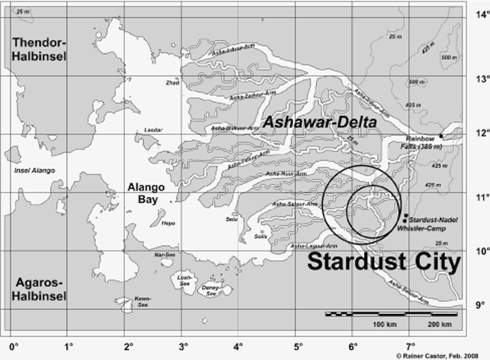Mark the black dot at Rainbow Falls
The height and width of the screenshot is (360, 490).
point(441,136)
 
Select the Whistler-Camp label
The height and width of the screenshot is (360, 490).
point(418,227)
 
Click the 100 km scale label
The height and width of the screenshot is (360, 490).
point(381,324)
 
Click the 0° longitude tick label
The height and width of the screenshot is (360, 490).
point(12,347)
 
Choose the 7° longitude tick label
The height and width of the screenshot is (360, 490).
point(409,347)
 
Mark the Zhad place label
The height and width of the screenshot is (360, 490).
point(172,83)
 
